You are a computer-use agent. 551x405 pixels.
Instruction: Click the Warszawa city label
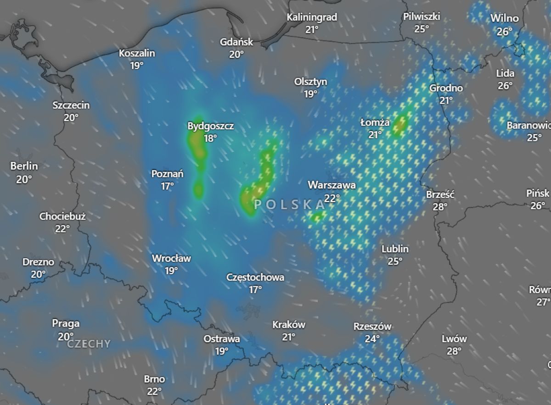pos(332,185)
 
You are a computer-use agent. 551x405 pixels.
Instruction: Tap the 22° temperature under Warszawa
pos(332,198)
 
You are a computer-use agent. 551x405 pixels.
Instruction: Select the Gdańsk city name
pos(236,42)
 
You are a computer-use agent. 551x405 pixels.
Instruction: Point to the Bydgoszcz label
pos(211,126)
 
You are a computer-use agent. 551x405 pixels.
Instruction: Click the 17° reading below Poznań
pos(167,186)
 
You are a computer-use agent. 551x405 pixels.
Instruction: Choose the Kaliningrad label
pos(312,17)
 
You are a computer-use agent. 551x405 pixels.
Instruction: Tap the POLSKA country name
pos(289,205)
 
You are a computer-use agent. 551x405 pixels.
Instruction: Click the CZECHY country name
pos(89,344)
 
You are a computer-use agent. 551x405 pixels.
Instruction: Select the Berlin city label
pos(24,166)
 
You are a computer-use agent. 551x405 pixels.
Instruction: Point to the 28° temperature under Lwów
pos(454,351)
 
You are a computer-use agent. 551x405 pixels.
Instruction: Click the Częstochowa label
pos(255,277)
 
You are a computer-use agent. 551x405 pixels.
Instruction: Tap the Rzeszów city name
pos(372,327)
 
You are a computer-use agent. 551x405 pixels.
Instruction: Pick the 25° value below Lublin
pos(395,261)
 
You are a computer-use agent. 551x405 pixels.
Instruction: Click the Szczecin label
pos(71,105)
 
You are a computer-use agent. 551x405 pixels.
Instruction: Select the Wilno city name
pos(505,19)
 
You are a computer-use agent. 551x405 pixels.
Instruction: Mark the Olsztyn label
pos(310,82)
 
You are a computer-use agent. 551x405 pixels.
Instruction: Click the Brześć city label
pos(440,194)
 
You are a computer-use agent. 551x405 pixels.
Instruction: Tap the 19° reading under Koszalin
pos(136,66)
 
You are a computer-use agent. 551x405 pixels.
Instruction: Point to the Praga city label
pos(66,323)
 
